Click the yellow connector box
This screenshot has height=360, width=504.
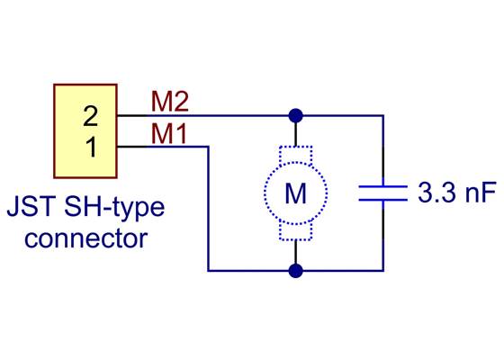[85, 130]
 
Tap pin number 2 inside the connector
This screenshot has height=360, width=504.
[90, 116]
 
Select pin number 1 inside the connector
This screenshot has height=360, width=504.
[90, 147]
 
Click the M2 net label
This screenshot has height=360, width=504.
[169, 102]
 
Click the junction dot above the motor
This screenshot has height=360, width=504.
[294, 115]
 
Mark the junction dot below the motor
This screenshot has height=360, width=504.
[294, 269]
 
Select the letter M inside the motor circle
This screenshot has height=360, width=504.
[295, 193]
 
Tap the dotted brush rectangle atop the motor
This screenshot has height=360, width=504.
[295, 154]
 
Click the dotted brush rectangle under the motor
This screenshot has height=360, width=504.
[295, 231]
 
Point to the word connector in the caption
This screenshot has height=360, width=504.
[85, 239]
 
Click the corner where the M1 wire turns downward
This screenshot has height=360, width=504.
[209, 147]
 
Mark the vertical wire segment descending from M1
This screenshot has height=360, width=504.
[209, 207]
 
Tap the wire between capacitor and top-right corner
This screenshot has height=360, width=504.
[383, 148]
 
